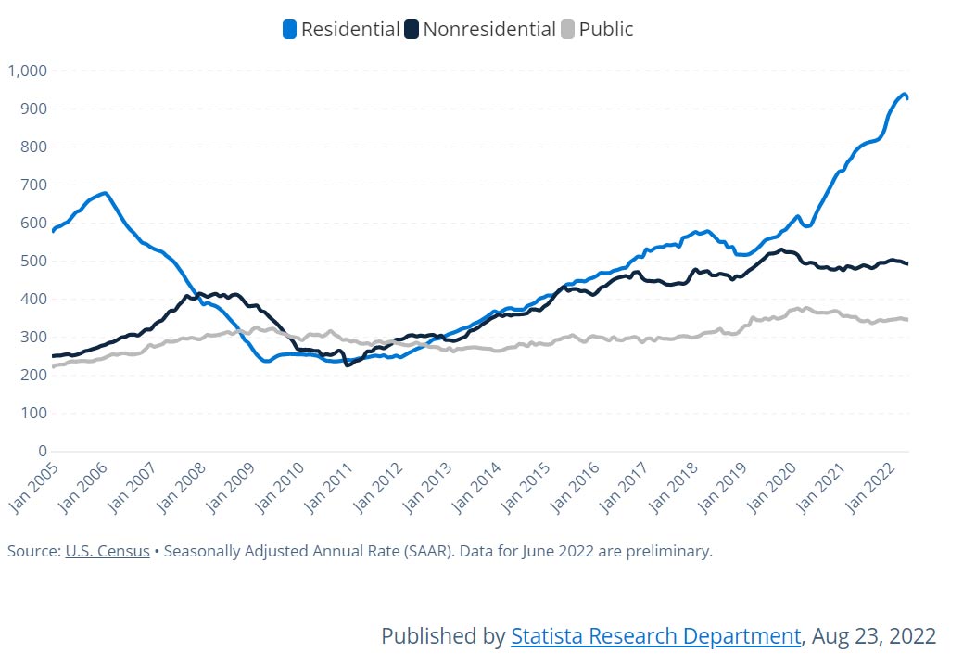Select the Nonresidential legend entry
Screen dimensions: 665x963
pyautogui.click(x=488, y=29)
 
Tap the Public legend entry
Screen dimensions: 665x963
pyautogui.click(x=605, y=29)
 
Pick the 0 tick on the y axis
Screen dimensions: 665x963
pyautogui.click(x=41, y=451)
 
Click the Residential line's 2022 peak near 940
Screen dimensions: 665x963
pyautogui.click(x=903, y=94)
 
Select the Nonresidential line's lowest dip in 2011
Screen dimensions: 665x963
pyautogui.click(x=348, y=364)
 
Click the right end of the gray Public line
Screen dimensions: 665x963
pyautogui.click(x=906, y=320)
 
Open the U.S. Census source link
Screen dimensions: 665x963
pyautogui.click(x=107, y=551)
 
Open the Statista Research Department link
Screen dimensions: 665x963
pyautogui.click(x=655, y=636)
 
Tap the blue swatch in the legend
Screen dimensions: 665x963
pyautogui.click(x=289, y=30)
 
